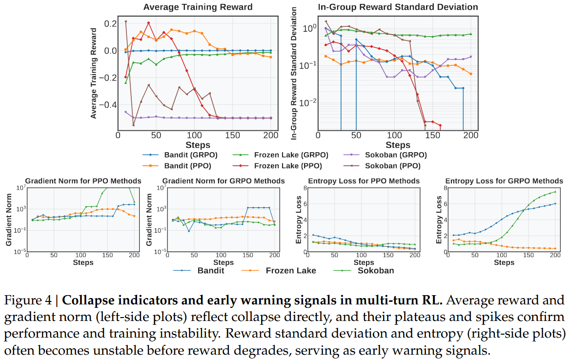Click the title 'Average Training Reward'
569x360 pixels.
pos(198,7)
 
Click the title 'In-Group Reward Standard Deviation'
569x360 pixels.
pos(398,7)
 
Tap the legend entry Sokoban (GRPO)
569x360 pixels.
pos(395,155)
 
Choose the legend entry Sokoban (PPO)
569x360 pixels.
pos(392,165)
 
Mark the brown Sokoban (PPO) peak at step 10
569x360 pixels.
pos(125,21)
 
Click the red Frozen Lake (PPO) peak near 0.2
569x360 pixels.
pos(148,22)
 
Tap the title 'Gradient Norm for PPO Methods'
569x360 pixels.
pos(83,181)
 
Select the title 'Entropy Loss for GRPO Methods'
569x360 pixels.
pos(504,181)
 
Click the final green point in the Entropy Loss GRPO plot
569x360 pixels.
pos(555,191)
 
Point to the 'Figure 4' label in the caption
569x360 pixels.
pos(27,300)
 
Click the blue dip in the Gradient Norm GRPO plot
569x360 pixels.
pos(188,231)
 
